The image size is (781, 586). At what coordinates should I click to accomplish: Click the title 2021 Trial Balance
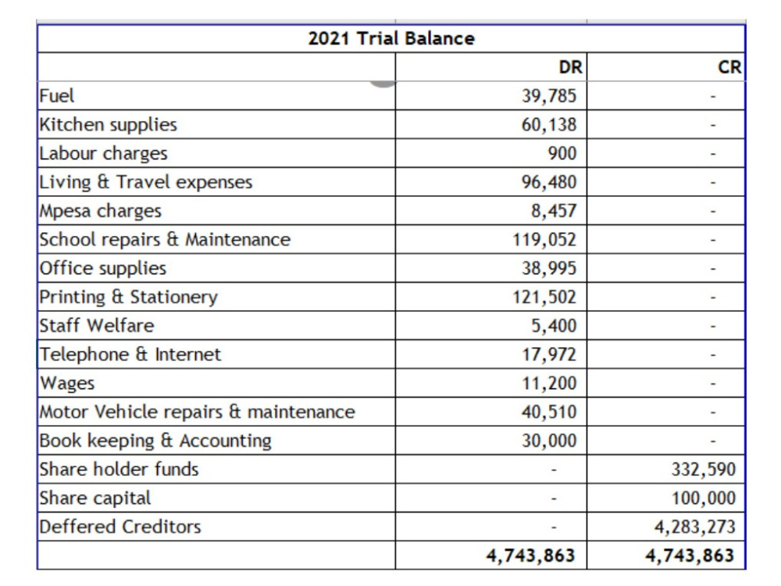[391, 38]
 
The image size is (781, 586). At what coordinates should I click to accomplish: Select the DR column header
[570, 66]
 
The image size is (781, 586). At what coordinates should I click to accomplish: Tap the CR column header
[729, 66]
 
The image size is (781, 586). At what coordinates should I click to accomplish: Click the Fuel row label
[57, 95]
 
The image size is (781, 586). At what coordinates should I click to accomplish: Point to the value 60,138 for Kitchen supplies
[549, 124]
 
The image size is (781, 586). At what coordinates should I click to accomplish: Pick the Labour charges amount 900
[562, 153]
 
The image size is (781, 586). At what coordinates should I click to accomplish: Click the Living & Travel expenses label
[146, 182]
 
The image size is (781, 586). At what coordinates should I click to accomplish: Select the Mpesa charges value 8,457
[554, 211]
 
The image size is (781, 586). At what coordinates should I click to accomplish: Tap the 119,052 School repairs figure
[544, 240]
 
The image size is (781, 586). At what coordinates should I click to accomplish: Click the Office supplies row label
[103, 269]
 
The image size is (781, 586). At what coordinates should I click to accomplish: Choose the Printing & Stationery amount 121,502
[544, 297]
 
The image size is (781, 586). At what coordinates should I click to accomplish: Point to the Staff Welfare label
[97, 325]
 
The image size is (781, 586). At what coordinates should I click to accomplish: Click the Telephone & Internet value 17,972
[549, 354]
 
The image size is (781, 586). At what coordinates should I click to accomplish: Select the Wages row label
[67, 384]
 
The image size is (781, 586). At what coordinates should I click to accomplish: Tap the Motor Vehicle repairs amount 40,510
[549, 412]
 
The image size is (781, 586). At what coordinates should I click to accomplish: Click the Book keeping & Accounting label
[155, 441]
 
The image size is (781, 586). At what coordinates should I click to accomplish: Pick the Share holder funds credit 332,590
[704, 470]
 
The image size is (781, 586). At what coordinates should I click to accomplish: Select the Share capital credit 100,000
[704, 498]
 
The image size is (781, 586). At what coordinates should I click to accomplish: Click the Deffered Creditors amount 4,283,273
[695, 527]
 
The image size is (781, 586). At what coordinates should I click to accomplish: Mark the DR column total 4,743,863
[530, 556]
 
